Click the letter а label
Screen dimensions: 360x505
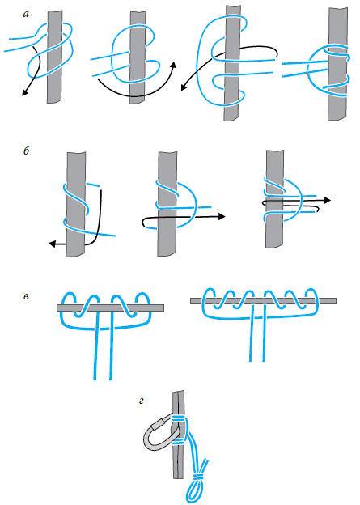[x=26, y=15]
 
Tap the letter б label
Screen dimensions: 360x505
[x=27, y=151]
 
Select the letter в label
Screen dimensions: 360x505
[x=26, y=296]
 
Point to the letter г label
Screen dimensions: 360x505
[x=141, y=401]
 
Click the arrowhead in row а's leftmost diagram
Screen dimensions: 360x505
[x=24, y=92]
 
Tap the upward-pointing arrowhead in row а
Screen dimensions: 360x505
[x=174, y=65]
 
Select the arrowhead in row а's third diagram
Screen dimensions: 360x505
[x=184, y=87]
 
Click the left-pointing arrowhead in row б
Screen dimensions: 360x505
[x=52, y=244]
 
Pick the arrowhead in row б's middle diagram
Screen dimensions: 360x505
[x=222, y=216]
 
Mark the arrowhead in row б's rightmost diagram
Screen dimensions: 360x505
[x=327, y=200]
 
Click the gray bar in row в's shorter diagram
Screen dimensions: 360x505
[x=111, y=308]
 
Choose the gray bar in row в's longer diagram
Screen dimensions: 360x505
[x=263, y=301]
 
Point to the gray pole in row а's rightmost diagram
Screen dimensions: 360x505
[x=338, y=65]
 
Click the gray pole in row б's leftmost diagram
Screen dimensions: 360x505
[x=76, y=204]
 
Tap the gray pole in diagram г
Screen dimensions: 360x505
[x=179, y=435]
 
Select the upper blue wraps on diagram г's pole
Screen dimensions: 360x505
[x=180, y=419]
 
